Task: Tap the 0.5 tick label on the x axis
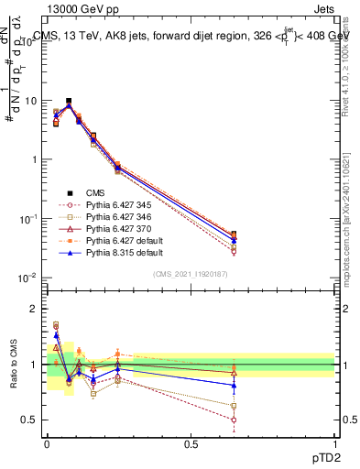[191, 443]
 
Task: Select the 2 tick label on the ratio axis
[38, 309]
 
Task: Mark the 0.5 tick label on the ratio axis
[32, 420]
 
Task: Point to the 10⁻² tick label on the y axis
[30, 278]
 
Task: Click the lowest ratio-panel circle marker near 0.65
[234, 420]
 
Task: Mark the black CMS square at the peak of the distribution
[69, 102]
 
